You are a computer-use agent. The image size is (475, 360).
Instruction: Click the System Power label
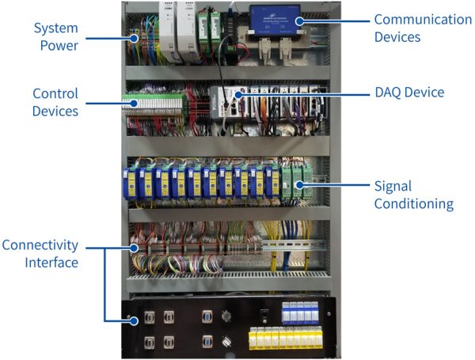(55, 36)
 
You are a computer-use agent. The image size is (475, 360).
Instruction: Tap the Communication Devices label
(422, 28)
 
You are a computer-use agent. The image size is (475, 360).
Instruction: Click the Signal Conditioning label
(412, 195)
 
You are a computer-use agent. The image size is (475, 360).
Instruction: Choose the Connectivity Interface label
(40, 254)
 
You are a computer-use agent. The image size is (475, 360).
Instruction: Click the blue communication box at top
(275, 17)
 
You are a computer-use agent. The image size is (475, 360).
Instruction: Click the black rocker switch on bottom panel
(264, 313)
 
